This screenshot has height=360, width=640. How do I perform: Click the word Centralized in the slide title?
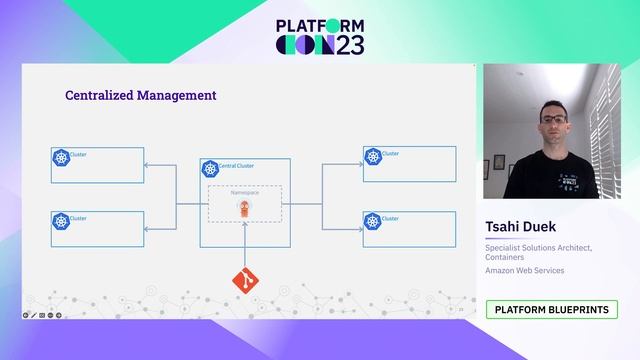[x=94, y=96]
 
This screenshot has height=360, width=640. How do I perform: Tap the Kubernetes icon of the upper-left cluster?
[x=61, y=158]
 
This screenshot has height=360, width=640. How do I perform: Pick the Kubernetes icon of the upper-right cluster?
[x=372, y=157]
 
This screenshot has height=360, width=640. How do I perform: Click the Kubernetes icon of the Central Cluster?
[x=209, y=168]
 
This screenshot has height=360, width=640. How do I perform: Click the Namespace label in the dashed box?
[x=245, y=191]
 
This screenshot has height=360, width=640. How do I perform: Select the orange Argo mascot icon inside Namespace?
[x=244, y=208]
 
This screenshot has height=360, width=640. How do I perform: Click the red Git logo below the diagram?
[x=244, y=281]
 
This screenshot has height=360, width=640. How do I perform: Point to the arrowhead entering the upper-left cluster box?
[x=147, y=165]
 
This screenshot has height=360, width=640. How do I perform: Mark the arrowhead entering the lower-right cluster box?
[x=360, y=228]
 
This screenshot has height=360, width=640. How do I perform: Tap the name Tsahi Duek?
[x=522, y=228]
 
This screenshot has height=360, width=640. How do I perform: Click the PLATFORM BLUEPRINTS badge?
[x=552, y=310]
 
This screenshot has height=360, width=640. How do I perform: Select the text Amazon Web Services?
[x=525, y=270]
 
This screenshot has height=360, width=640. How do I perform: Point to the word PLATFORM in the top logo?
[x=320, y=26]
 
